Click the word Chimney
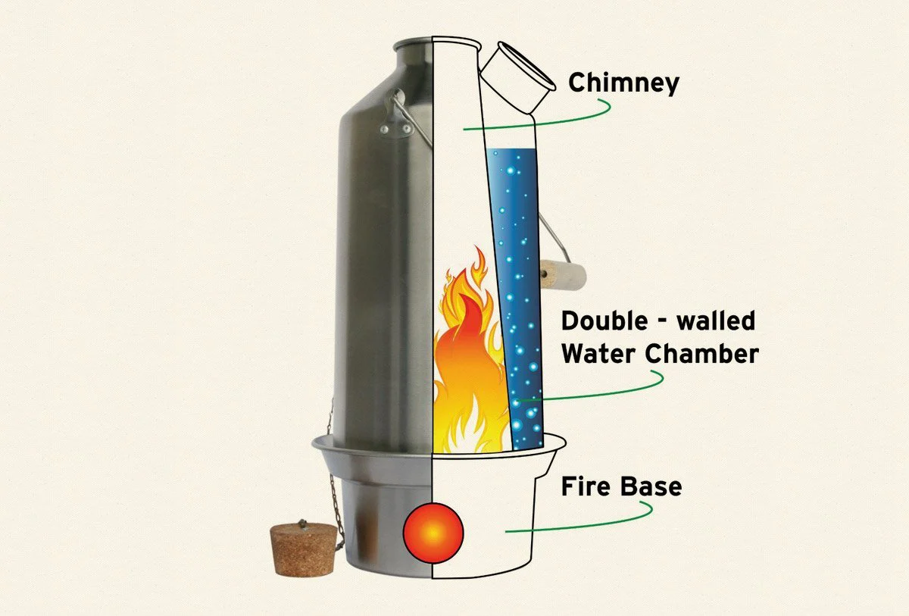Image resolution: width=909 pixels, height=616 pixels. [623, 83]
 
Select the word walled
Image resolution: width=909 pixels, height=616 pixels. [716, 321]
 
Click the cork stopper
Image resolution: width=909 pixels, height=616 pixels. [304, 549]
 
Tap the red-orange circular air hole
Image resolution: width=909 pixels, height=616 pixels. [433, 533]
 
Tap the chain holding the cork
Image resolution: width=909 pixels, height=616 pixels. [331, 485]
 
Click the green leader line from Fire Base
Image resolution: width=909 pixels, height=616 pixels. [583, 523]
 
